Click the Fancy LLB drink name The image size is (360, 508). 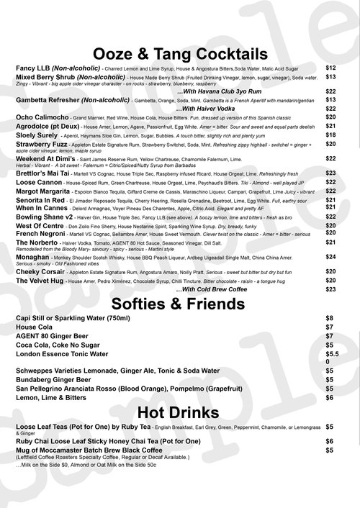coord(33,67)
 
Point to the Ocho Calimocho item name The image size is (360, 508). coord(42,116)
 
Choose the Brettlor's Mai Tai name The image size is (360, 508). coord(44,173)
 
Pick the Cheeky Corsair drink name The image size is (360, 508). coord(42,272)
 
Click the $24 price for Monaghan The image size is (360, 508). coord(330,256)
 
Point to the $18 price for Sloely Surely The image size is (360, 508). coord(330,135)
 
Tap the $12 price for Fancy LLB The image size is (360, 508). coord(330,67)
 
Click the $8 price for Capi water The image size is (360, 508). coord(329,317)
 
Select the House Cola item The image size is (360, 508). coord(34,327)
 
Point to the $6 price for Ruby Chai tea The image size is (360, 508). coord(329,440)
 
